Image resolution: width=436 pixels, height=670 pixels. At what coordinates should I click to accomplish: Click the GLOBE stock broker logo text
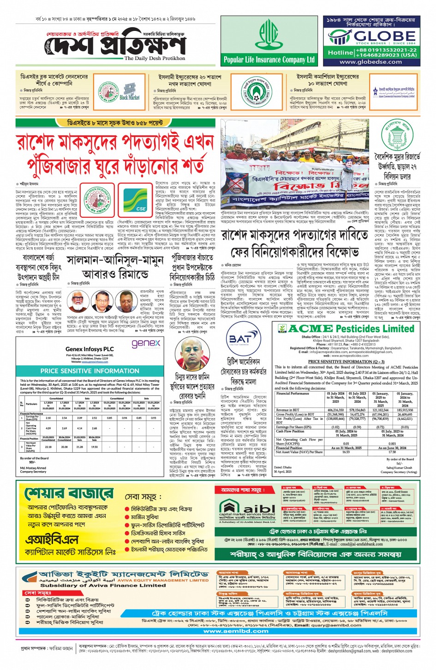(378, 36)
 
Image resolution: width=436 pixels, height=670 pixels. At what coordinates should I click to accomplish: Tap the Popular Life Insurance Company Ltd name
(269, 60)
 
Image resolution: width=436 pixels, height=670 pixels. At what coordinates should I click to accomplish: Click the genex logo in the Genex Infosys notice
(146, 343)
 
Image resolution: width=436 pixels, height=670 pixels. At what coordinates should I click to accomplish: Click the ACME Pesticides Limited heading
(351, 329)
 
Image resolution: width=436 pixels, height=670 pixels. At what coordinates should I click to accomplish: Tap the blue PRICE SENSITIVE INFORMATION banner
(90, 371)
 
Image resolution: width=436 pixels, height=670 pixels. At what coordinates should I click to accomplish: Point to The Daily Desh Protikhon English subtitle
(155, 59)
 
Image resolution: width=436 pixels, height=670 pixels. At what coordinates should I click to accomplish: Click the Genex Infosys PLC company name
(90, 349)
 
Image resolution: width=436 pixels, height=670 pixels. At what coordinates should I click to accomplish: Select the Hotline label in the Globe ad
(340, 53)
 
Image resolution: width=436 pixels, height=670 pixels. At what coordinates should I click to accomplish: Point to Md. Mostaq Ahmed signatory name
(33, 468)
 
